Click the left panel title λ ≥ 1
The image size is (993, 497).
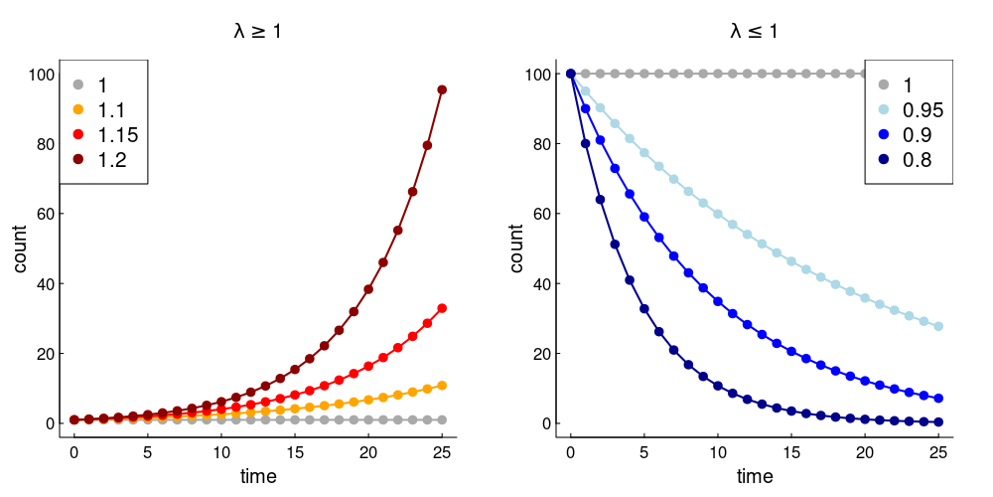[x=257, y=32]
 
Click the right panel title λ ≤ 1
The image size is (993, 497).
[x=754, y=32]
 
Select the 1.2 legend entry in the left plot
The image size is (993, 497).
[x=111, y=159]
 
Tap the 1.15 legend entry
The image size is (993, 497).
[x=111, y=134]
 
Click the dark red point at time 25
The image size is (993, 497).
[x=442, y=89]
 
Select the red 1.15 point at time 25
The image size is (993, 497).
[x=442, y=308]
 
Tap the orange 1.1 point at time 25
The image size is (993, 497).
[x=442, y=385]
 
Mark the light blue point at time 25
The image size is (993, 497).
[x=938, y=326]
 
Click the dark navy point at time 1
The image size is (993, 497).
[x=585, y=143]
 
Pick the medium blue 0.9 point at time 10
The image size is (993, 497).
[x=718, y=301]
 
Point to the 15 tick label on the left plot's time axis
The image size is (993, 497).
[x=295, y=451]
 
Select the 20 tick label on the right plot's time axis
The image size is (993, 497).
[x=865, y=451]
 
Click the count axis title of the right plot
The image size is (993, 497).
[x=517, y=248]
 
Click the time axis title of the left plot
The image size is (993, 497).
[x=258, y=476]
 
